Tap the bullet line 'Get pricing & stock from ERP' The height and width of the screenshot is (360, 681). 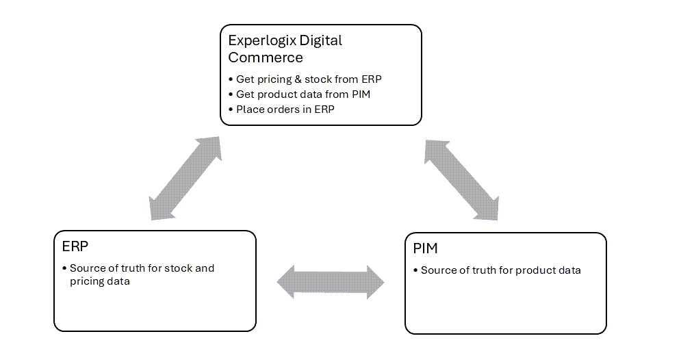pos(309,79)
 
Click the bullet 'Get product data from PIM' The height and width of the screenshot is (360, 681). pos(303,94)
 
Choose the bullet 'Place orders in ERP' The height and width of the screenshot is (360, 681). pos(285,109)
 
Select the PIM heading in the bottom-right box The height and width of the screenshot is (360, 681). pos(425,248)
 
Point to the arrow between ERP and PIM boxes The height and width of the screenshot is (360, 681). pos(331,282)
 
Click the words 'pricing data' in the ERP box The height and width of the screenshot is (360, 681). pos(99,281)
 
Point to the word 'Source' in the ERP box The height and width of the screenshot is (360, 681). pos(87,268)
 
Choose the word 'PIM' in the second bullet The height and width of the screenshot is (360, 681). pos(359,94)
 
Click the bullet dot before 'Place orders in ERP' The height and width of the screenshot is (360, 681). pos(231,109)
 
